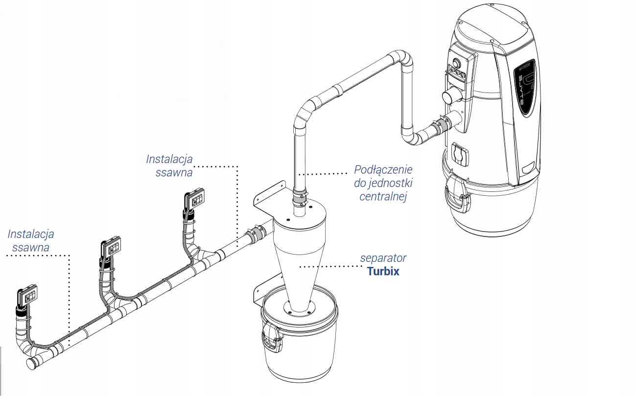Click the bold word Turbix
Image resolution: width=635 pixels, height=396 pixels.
(383, 271)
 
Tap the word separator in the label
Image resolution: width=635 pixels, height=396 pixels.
(383, 257)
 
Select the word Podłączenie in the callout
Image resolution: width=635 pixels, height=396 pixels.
(383, 170)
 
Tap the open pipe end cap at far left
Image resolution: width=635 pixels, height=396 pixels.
(32, 363)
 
